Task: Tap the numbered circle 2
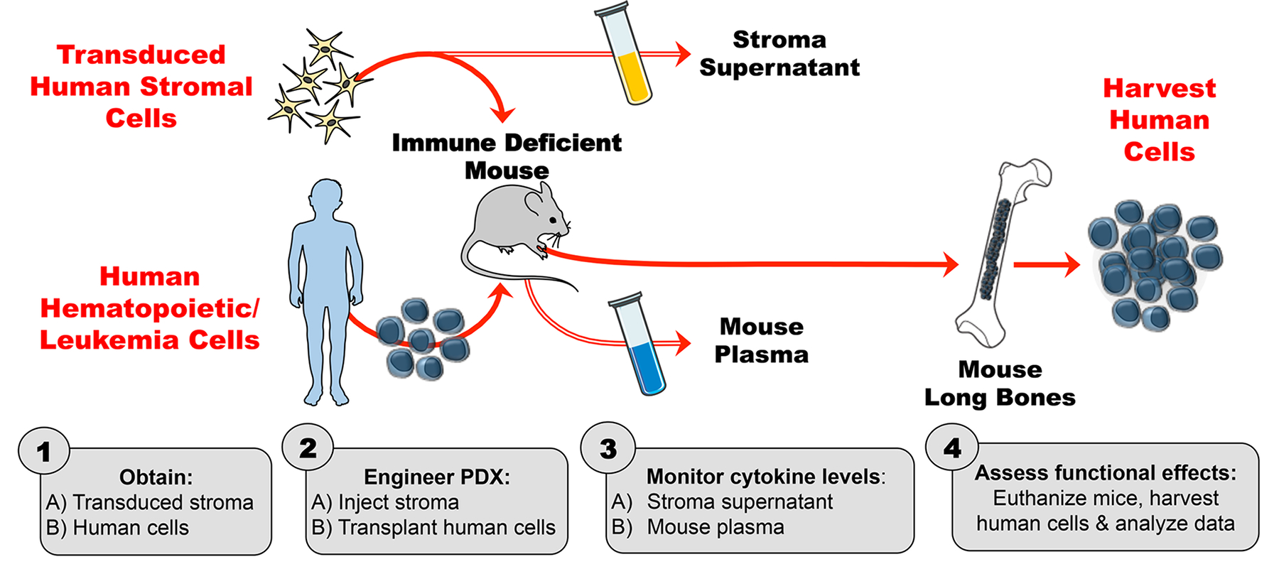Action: pyautogui.click(x=308, y=448)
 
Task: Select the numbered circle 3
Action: pyautogui.click(x=608, y=448)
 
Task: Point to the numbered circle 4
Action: pyautogui.click(x=952, y=448)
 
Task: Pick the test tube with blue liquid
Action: pyautogui.click(x=639, y=345)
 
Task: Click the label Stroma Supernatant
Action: pyautogui.click(x=779, y=53)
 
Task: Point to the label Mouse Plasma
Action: pyautogui.click(x=761, y=340)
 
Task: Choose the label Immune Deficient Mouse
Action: pyautogui.click(x=507, y=156)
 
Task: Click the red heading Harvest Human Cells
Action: pyautogui.click(x=1159, y=120)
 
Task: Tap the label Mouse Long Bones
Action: pyautogui.click(x=1000, y=384)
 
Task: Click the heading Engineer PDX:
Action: pyautogui.click(x=437, y=477)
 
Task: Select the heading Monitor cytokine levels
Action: pyautogui.click(x=765, y=476)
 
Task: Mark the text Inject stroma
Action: pyautogui.click(x=399, y=502)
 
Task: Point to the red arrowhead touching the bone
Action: pyautogui.click(x=950, y=264)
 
